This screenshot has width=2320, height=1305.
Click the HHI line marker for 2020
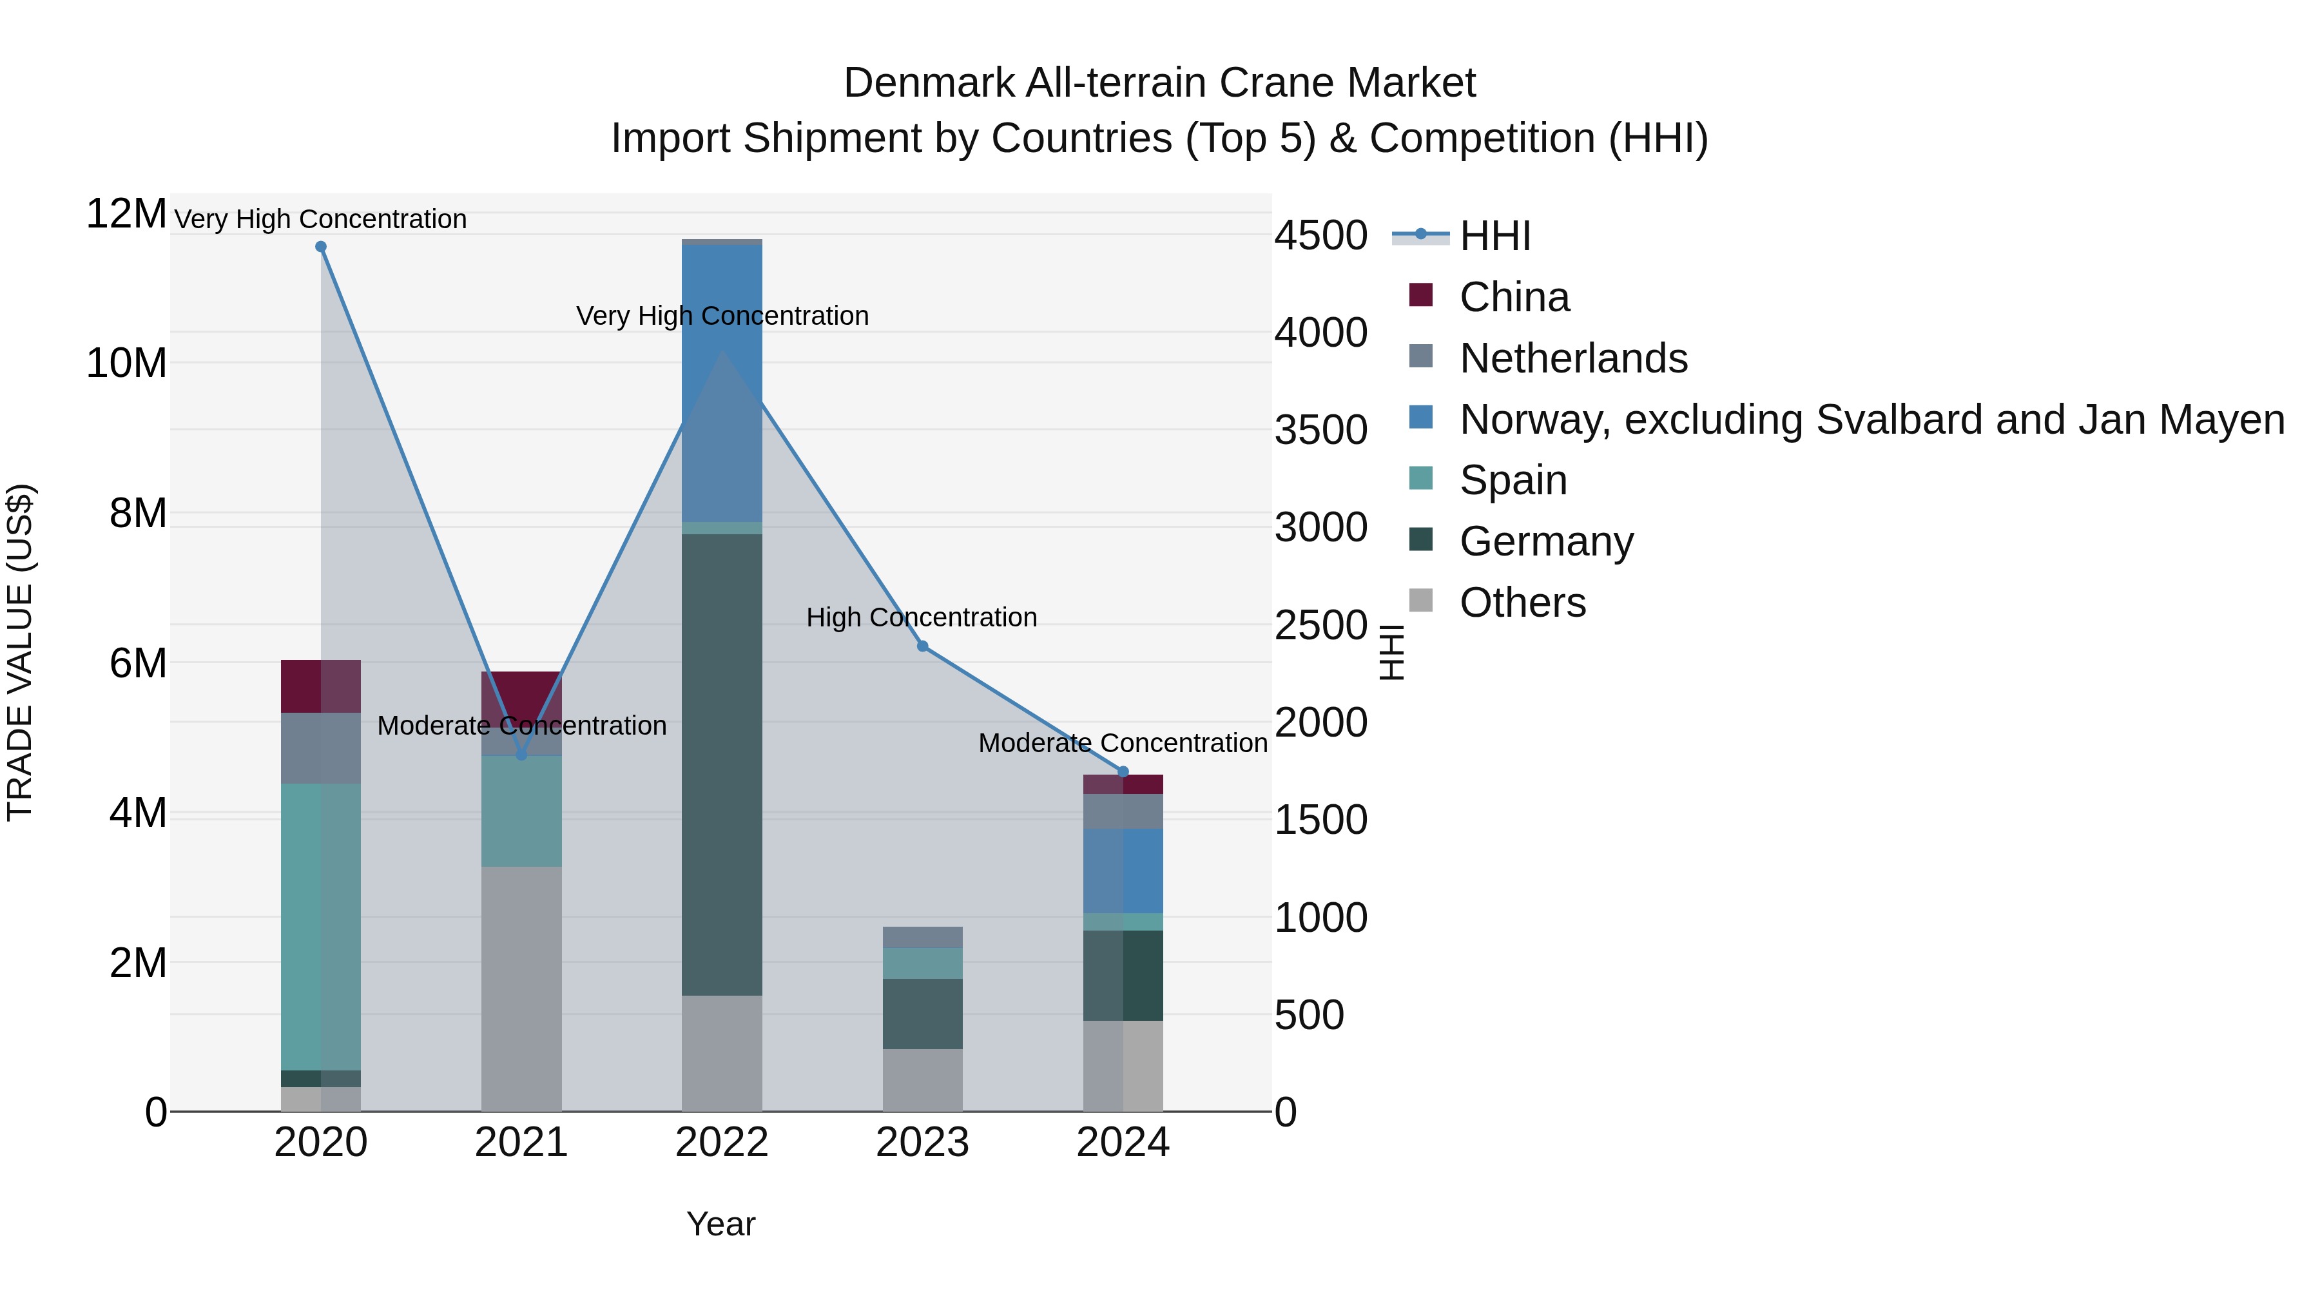click(x=321, y=247)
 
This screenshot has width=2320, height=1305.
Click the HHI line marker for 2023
click(x=922, y=646)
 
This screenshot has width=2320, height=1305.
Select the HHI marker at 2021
click(x=521, y=755)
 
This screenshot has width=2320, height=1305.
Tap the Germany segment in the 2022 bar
click(x=721, y=766)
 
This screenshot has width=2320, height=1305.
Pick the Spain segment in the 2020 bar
click(x=321, y=927)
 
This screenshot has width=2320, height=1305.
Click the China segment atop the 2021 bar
click(x=521, y=693)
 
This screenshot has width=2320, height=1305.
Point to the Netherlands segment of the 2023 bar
click(x=922, y=938)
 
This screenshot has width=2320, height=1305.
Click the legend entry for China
click(x=1514, y=297)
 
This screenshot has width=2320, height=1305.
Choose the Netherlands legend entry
click(x=1572, y=358)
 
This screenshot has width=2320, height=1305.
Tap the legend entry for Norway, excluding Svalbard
click(x=1871, y=420)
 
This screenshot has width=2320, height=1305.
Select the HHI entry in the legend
click(x=1495, y=236)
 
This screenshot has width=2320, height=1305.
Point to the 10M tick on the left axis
click(x=126, y=364)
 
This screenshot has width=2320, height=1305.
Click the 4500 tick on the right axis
click(x=1320, y=236)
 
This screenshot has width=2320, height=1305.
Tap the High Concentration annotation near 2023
click(x=922, y=618)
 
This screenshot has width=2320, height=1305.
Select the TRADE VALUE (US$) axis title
click(x=20, y=652)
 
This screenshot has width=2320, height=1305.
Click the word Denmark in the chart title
click(x=929, y=83)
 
